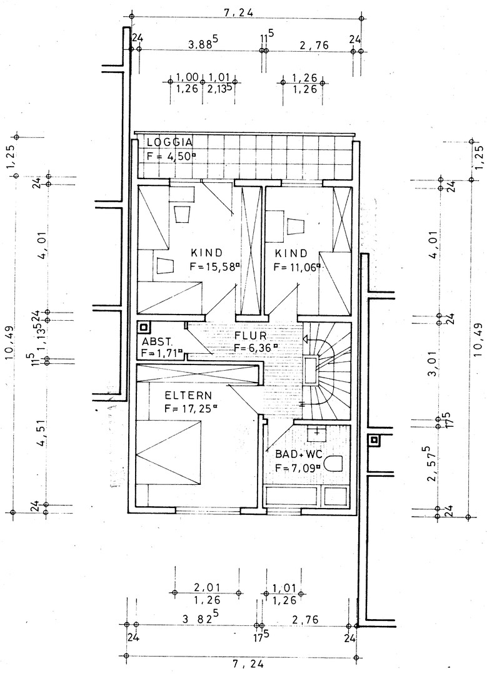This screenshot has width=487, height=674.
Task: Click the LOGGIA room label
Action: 169,142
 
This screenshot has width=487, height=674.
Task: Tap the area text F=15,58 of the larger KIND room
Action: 214,266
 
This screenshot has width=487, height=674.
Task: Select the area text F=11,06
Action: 298,267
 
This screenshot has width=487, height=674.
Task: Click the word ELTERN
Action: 188,395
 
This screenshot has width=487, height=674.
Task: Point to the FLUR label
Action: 251,335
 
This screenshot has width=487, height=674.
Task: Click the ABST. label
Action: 157,343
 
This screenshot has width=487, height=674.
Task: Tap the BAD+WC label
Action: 298,454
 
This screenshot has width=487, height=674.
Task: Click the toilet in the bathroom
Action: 332,463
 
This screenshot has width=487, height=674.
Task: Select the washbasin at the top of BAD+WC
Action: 316,434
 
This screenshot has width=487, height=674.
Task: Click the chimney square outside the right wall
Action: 374,440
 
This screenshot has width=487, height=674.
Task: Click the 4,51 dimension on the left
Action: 42,436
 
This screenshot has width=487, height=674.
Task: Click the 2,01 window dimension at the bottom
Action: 207,587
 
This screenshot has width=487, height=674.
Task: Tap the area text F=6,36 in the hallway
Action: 255,348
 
